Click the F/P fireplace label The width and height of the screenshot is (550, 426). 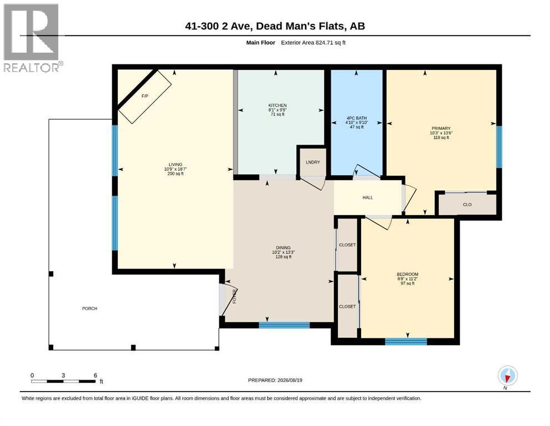pyautogui.click(x=145, y=96)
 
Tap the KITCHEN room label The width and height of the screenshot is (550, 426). pyautogui.click(x=277, y=105)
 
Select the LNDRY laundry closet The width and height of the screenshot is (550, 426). pyautogui.click(x=313, y=163)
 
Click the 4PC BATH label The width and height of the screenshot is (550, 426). pyautogui.click(x=357, y=118)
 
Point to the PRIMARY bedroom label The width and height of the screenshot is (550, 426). pyautogui.click(x=441, y=129)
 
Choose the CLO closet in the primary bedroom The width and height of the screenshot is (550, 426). pyautogui.click(x=467, y=204)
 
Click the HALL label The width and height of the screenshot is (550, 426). pyautogui.click(x=368, y=197)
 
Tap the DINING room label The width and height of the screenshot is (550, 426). pyautogui.click(x=284, y=247)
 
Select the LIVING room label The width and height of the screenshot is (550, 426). pyautogui.click(x=176, y=164)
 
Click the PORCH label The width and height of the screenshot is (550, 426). pyautogui.click(x=90, y=308)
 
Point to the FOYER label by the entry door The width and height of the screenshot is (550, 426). pyautogui.click(x=235, y=296)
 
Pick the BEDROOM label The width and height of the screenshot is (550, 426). pyautogui.click(x=408, y=274)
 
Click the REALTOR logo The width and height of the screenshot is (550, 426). pyautogui.click(x=33, y=38)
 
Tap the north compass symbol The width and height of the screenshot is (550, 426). pyautogui.click(x=507, y=376)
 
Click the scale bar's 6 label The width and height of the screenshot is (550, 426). pyautogui.click(x=95, y=376)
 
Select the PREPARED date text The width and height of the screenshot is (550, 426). pyautogui.click(x=275, y=380)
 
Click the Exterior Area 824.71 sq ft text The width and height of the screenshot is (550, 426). pyautogui.click(x=313, y=43)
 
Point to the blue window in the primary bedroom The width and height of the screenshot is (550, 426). pyautogui.click(x=499, y=147)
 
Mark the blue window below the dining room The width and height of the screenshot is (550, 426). pyautogui.click(x=284, y=325)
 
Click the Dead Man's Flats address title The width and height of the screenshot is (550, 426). pyautogui.click(x=275, y=26)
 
